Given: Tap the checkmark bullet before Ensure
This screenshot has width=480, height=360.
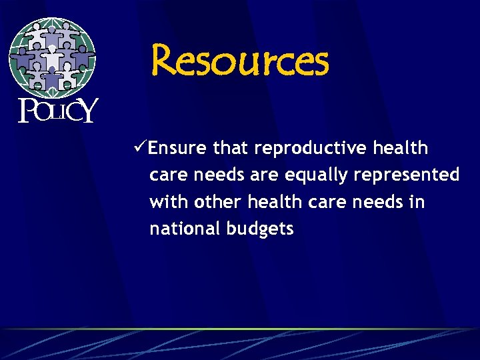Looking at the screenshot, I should tap(141, 147).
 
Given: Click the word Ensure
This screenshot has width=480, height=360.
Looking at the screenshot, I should tap(178, 148).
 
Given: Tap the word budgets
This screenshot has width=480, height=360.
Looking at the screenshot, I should tap(260, 229).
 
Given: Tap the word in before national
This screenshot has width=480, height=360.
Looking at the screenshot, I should tap(417, 201).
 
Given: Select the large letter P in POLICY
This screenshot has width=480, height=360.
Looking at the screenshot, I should tap(26, 111).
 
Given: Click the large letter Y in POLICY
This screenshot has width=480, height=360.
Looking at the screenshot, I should tap(87, 111).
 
